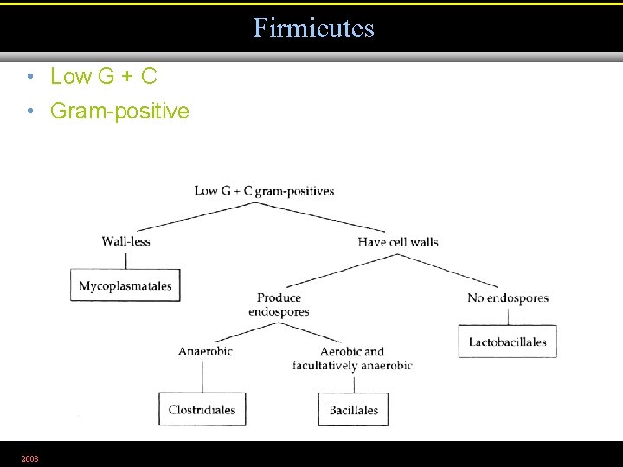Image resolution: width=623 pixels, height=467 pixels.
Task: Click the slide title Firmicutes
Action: (x=313, y=28)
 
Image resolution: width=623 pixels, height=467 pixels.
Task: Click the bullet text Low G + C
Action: (x=103, y=77)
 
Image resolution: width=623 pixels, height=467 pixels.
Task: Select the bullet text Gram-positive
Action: (x=119, y=111)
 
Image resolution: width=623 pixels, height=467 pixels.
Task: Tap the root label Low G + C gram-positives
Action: (x=264, y=191)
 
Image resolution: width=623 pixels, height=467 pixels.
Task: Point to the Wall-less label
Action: (x=125, y=241)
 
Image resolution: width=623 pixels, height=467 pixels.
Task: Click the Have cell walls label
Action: (x=398, y=241)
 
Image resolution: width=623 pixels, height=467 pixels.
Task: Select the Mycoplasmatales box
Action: (x=125, y=285)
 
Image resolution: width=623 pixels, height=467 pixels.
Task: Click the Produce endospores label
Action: (x=279, y=304)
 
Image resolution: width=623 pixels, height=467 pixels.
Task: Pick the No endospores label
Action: (x=508, y=298)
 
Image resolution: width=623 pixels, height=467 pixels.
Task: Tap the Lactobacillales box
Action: (x=507, y=342)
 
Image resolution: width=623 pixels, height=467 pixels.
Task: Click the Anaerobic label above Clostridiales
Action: (x=205, y=351)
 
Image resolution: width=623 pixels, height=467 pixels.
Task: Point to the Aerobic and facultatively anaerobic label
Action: (x=352, y=358)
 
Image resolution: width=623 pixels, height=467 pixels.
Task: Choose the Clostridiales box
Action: (x=202, y=409)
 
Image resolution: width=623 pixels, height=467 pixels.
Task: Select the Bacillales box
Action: (x=353, y=409)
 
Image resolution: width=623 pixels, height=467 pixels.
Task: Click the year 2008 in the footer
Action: (x=29, y=457)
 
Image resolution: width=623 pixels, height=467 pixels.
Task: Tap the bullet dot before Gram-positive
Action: (x=29, y=112)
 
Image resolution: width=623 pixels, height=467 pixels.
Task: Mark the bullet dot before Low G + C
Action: (x=29, y=77)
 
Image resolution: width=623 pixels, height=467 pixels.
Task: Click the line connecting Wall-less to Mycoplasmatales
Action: (x=125, y=259)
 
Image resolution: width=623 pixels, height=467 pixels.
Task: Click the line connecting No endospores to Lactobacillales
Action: (x=507, y=315)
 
